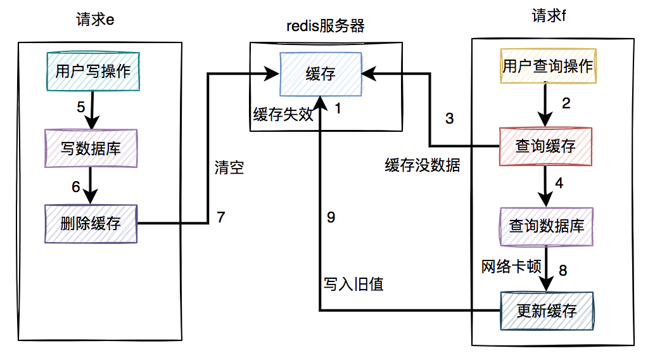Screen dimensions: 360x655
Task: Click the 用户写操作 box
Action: pyautogui.click(x=93, y=71)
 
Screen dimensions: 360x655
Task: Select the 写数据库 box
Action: pyautogui.click(x=91, y=148)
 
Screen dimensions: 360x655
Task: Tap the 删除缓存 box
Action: pyautogui.click(x=91, y=223)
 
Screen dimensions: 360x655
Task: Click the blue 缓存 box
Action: pyautogui.click(x=321, y=74)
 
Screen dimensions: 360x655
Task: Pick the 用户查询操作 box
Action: pyautogui.click(x=548, y=67)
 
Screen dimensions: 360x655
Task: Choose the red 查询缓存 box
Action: pyautogui.click(x=545, y=147)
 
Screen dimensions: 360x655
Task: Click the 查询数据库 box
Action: pyautogui.click(x=547, y=226)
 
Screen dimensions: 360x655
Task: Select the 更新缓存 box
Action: pyautogui.click(x=547, y=311)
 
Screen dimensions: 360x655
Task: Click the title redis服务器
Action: pyautogui.click(x=326, y=26)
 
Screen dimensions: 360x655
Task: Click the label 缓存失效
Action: pyautogui.click(x=283, y=114)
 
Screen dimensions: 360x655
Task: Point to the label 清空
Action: pyautogui.click(x=229, y=168)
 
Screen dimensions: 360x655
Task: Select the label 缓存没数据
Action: pyautogui.click(x=423, y=166)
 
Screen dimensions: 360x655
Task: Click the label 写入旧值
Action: pyautogui.click(x=354, y=284)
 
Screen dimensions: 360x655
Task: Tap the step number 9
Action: pyautogui.click(x=331, y=217)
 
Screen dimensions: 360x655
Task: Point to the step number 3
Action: pyautogui.click(x=450, y=119)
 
